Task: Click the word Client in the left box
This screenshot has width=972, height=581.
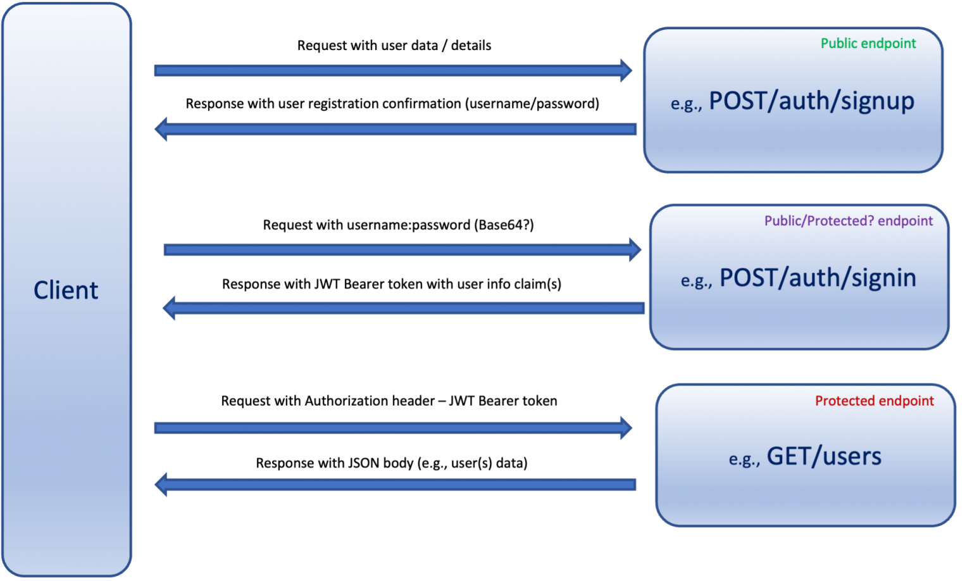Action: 66,290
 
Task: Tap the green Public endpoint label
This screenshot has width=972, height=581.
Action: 868,44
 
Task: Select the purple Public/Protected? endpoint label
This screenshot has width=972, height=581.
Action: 849,221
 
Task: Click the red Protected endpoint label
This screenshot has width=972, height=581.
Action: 875,401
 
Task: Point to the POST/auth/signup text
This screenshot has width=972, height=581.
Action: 811,101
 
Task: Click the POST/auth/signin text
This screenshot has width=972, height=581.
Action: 818,278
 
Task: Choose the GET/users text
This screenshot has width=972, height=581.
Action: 824,456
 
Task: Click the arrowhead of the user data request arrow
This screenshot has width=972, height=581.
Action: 626,70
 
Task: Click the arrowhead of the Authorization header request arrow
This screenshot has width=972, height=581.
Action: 626,428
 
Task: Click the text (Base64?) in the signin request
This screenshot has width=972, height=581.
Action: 504,225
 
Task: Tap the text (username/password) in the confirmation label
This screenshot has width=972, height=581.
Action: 532,104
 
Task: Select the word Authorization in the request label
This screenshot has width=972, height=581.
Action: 346,401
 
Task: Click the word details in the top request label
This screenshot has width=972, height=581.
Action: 471,46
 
